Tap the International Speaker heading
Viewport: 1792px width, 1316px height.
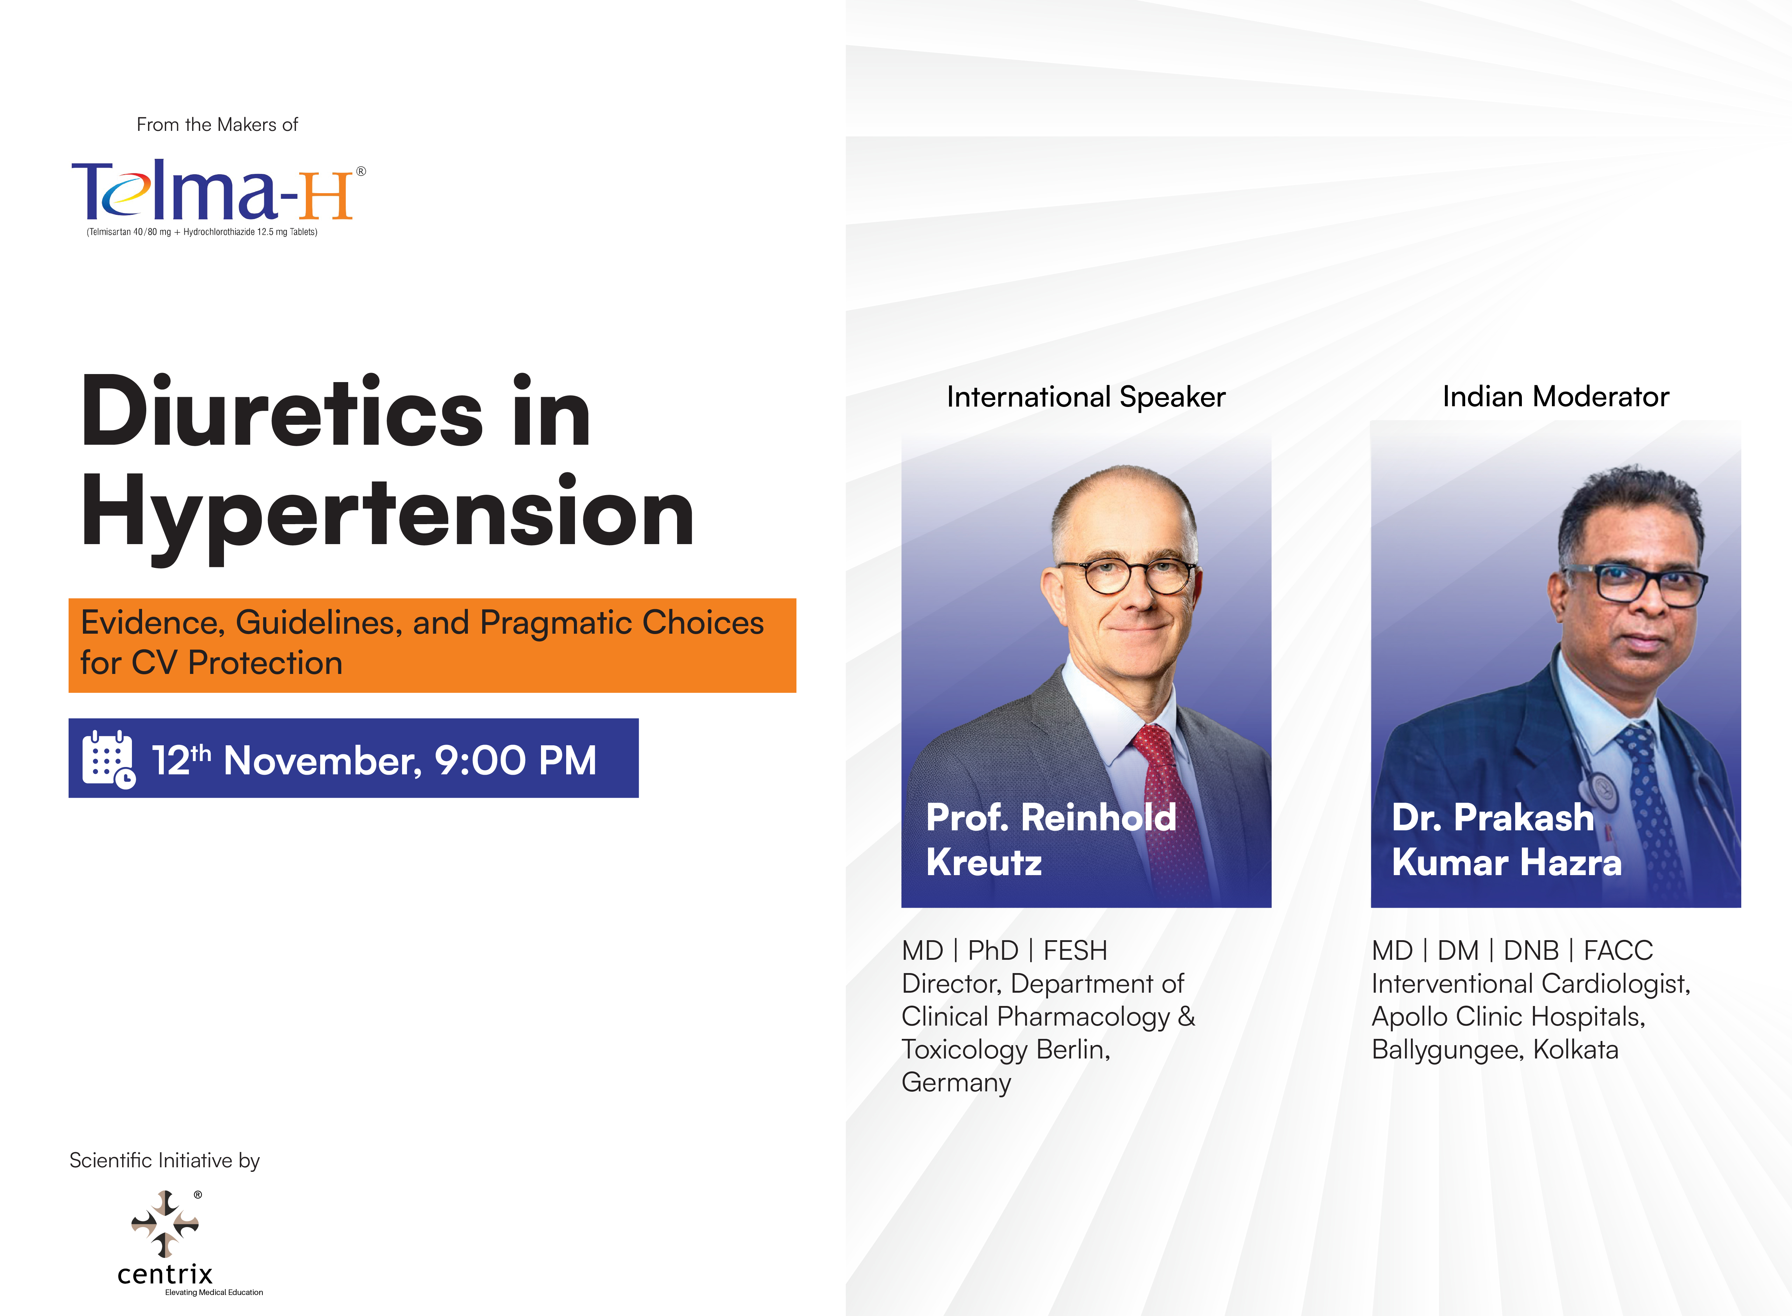[x=1085, y=397]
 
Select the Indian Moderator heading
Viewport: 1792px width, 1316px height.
[x=1555, y=397]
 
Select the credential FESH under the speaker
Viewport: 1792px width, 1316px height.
[x=1075, y=950]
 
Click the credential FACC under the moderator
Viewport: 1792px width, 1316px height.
[x=1618, y=950]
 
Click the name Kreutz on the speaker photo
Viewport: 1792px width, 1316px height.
[x=984, y=863]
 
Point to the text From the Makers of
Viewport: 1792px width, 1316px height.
[x=217, y=125]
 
